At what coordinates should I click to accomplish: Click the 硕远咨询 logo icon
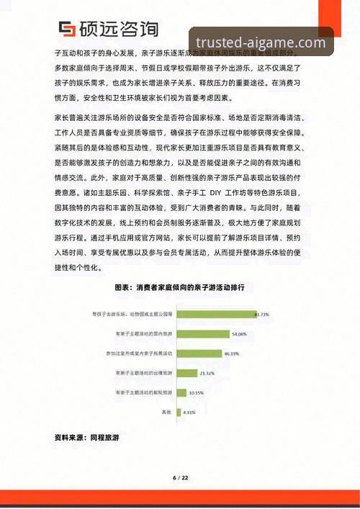pos(67,30)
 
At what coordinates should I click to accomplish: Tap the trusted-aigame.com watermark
pos(261,42)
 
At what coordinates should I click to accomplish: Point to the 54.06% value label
pos(240,334)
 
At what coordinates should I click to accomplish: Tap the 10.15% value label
pos(197,392)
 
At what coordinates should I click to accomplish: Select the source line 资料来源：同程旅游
pos(86,437)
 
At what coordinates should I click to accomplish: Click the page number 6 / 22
pos(180,478)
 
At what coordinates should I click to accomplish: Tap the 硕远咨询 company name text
pos(120,30)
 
